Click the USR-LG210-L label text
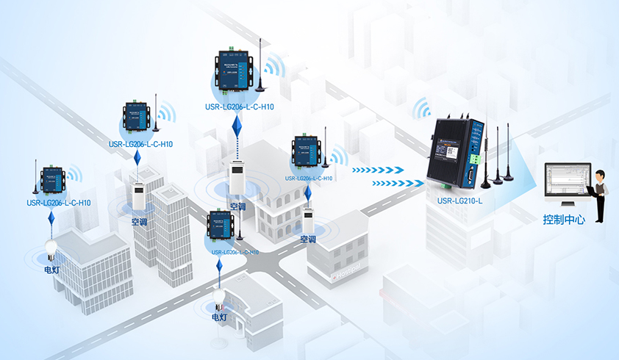pos(460,201)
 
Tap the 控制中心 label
pos(564,220)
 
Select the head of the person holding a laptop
pos(601,175)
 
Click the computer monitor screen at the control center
pos(565,179)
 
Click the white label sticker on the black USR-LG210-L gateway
pos(452,152)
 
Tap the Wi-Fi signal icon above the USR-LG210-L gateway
pos(422,109)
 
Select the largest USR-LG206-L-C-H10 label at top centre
pos(240,107)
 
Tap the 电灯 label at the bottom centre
pos(220,317)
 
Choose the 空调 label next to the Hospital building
pos(308,240)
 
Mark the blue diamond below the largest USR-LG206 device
pos(236,130)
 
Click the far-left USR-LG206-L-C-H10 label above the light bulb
pos(59,203)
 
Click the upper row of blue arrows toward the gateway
pos(377,170)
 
